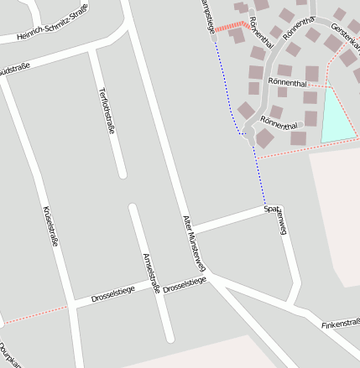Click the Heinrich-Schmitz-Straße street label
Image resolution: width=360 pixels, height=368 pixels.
[x=52, y=31]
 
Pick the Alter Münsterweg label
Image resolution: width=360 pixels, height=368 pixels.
[x=194, y=243]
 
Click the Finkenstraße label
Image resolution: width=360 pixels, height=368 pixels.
[x=340, y=323]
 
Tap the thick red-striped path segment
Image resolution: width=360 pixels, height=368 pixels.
[x=227, y=29]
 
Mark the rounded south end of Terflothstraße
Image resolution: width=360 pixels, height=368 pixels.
[x=122, y=174]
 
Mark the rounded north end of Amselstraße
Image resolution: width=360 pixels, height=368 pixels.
[x=133, y=207]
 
